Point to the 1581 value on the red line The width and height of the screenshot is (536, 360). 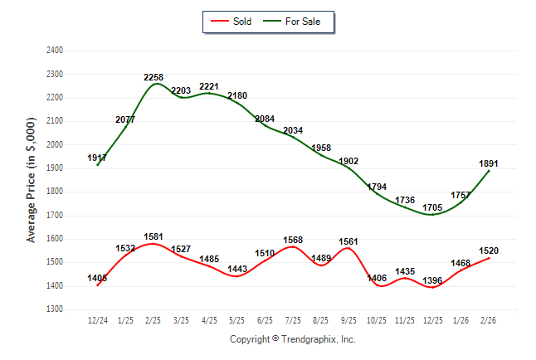153,236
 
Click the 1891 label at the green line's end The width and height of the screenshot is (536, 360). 490,163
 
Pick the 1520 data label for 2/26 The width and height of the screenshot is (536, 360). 490,251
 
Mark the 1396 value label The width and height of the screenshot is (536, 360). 433,281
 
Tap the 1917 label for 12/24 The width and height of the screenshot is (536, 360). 98,158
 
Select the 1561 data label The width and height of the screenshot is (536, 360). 349,241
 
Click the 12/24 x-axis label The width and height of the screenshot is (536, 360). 98,320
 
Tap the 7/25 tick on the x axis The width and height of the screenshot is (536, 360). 293,320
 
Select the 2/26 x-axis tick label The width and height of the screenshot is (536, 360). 490,320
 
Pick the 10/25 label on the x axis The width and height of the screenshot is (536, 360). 378,320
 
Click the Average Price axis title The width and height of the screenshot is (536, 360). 32,180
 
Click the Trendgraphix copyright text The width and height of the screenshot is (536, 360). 292,339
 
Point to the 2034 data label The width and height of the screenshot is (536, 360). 293,131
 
